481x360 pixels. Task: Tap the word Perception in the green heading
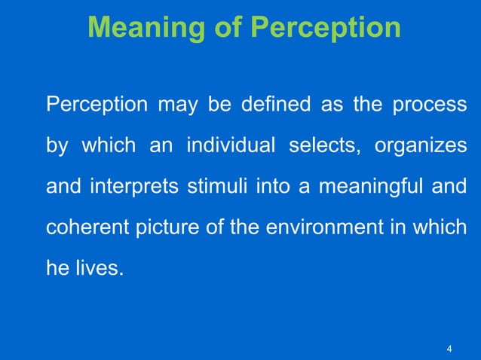[325, 28]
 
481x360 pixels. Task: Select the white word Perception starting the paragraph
[97, 105]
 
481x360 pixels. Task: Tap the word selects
[320, 145]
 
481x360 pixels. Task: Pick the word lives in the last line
[100, 267]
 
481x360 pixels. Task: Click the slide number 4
[449, 348]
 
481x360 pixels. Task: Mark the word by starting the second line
[57, 146]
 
